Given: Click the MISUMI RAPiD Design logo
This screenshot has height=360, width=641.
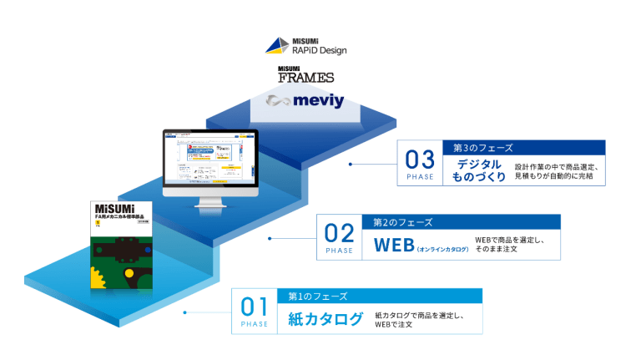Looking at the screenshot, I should pyautogui.click(x=305, y=46).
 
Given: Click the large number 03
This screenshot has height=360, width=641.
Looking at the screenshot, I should pyautogui.click(x=420, y=160).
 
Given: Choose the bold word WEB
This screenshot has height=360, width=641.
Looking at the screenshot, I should pyautogui.click(x=394, y=246).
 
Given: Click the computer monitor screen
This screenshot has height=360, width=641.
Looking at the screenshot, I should pyautogui.click(x=211, y=160).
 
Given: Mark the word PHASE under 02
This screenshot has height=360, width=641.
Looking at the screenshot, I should pyautogui.click(x=339, y=251).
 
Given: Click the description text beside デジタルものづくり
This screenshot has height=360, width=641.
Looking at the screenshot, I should pyautogui.click(x=557, y=172).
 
